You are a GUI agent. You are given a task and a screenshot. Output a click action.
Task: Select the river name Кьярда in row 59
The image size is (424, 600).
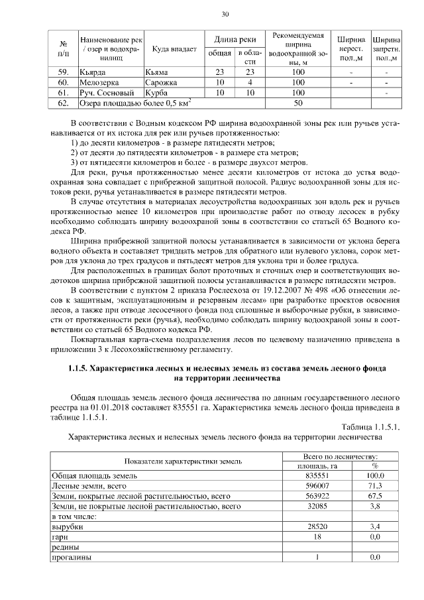pos(93,72)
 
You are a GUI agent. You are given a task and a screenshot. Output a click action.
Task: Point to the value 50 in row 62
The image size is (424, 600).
pos(297,103)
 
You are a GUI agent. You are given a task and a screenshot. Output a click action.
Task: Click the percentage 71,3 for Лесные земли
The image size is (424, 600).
pos(375,485)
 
